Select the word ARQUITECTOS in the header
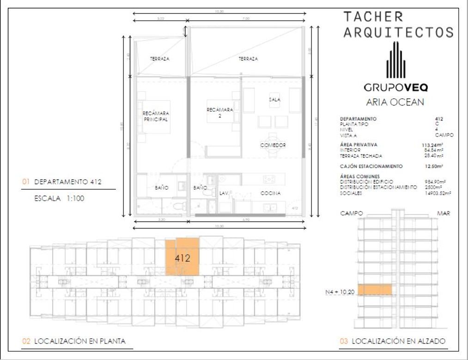(398, 32)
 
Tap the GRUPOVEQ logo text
(395, 87)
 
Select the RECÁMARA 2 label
(220, 113)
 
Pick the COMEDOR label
(273, 145)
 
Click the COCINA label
(270, 193)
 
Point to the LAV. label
(225, 193)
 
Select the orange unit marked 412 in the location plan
(183, 258)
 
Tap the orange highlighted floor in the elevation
(375, 290)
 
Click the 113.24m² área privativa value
(433, 145)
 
